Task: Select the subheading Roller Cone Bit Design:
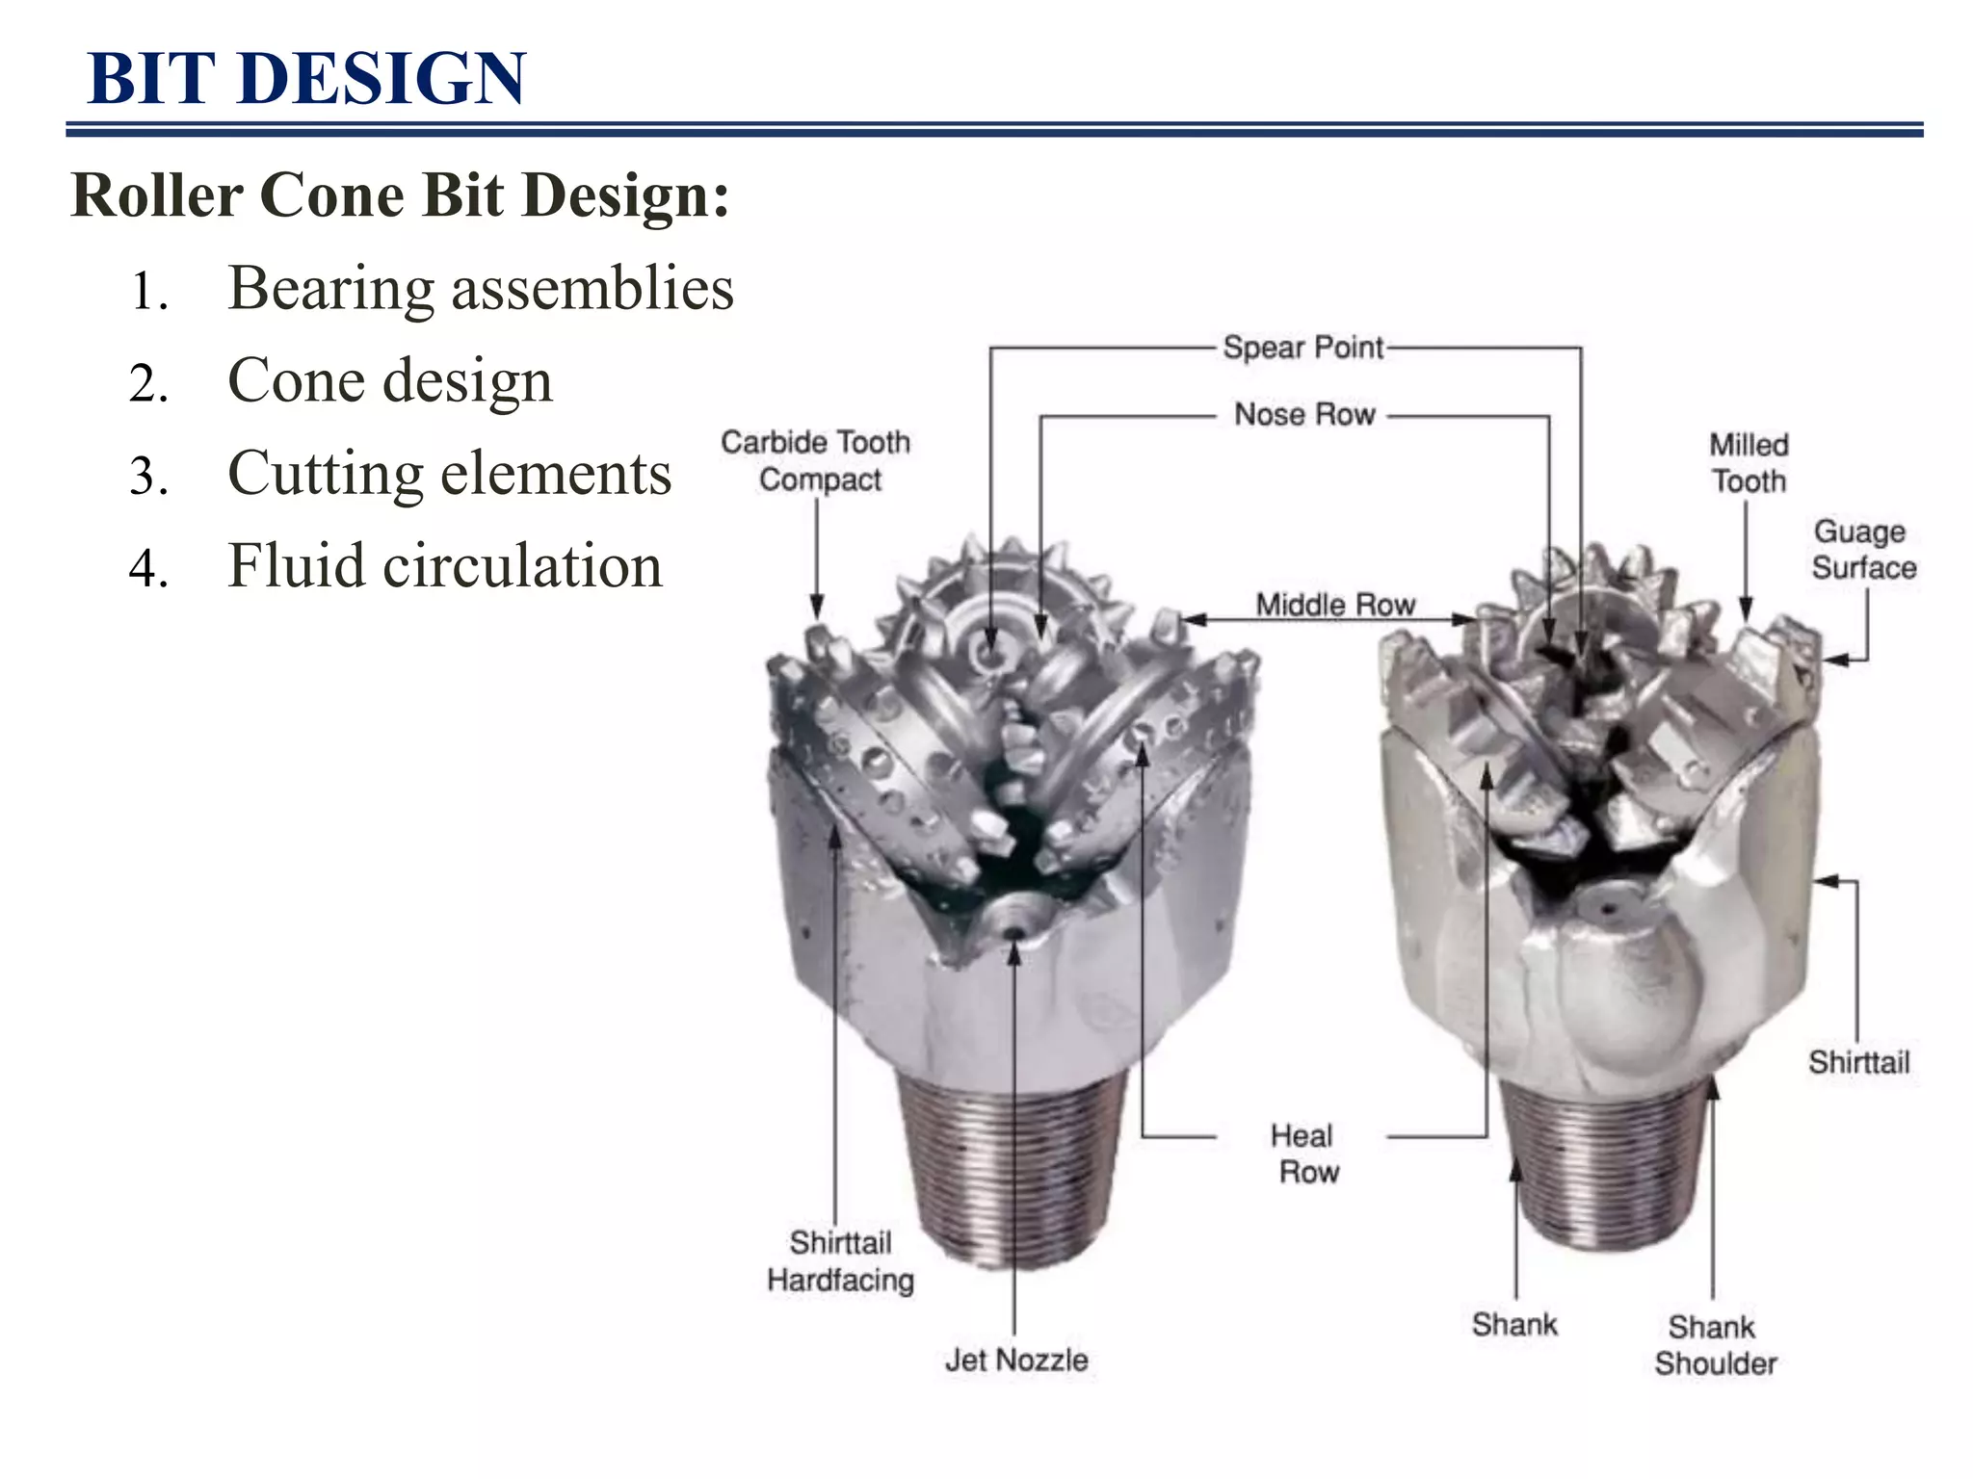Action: [x=400, y=195]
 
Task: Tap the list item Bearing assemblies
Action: [x=480, y=288]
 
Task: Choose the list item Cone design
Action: [x=390, y=380]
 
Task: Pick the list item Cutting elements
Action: [x=449, y=473]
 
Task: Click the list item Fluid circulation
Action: [x=445, y=565]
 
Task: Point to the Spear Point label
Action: [x=1302, y=348]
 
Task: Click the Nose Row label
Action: [x=1304, y=415]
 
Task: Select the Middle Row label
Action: [x=1335, y=605]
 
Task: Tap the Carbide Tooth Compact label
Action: [x=817, y=460]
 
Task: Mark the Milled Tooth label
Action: [x=1749, y=463]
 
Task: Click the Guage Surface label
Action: [x=1862, y=550]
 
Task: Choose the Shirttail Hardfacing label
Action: [x=840, y=1261]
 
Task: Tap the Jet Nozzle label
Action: [x=1016, y=1360]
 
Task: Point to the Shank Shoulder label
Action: [x=1715, y=1345]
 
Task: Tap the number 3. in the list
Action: [x=148, y=476]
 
